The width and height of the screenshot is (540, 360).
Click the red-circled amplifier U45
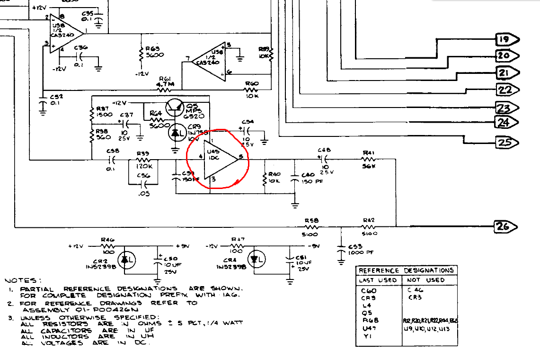(219, 159)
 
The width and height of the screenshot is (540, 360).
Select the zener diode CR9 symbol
(178, 134)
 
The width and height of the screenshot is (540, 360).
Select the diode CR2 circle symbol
(125, 259)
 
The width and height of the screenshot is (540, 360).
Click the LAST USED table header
(378, 280)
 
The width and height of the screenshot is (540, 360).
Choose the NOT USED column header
(425, 280)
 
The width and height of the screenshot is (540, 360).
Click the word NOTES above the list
(23, 280)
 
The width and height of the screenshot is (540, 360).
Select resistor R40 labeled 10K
(264, 179)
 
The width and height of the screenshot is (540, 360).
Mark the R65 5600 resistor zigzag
(141, 54)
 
